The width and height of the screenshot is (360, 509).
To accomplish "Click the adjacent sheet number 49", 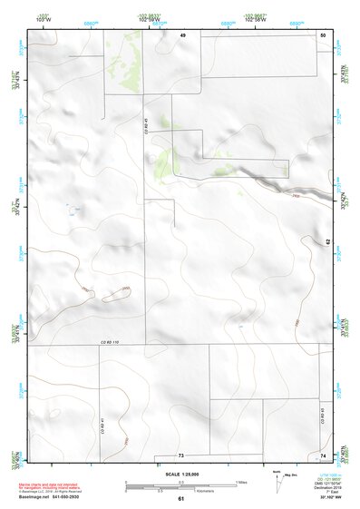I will pos(182,34).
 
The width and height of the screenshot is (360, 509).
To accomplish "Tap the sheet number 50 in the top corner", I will pos(323,34).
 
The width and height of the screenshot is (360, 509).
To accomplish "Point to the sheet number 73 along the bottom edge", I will pos(180,455).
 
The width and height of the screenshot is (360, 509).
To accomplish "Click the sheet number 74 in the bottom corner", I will pos(323,455).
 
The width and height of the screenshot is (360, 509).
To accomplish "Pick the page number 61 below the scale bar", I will pos(180,499).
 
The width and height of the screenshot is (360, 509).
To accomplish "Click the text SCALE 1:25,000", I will pos(180,474).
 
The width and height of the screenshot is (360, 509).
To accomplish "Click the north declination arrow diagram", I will pos(277,478).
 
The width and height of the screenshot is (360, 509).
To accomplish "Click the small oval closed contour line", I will pos(116,294).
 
